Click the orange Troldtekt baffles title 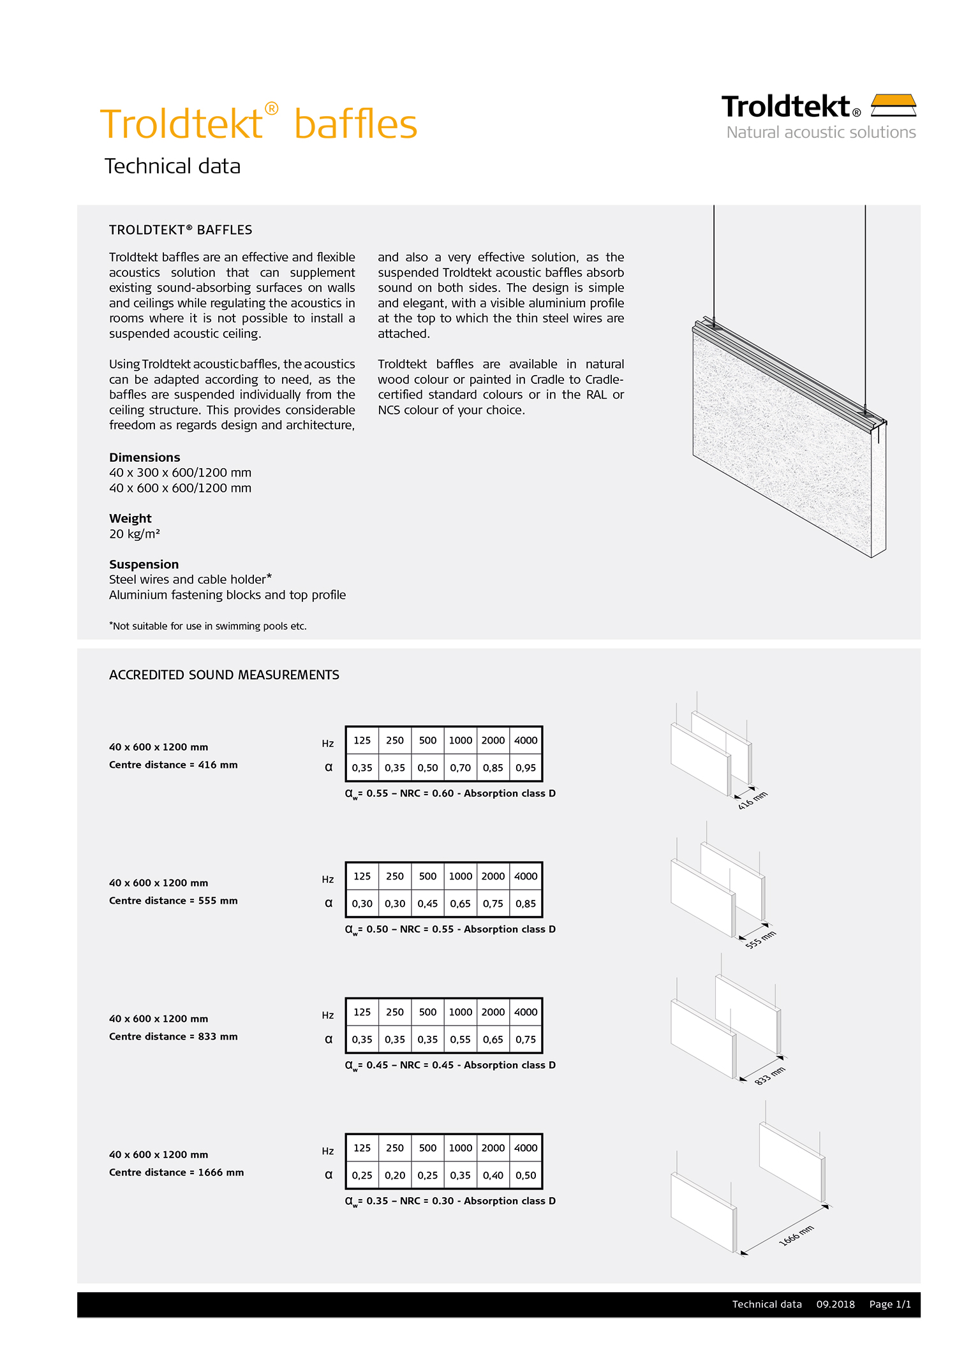click(x=258, y=124)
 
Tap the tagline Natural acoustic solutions click(x=820, y=133)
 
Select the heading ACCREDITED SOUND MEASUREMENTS click(x=224, y=675)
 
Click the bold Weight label click(x=130, y=519)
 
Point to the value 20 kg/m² click(x=135, y=534)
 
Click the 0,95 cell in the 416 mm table click(x=526, y=768)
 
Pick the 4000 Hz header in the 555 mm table click(x=526, y=876)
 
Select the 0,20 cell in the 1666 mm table click(x=395, y=1175)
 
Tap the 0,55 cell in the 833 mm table click(x=460, y=1040)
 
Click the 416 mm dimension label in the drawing click(x=753, y=800)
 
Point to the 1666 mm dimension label click(x=796, y=1235)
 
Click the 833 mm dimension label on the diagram click(x=769, y=1076)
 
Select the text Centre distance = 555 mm click(x=173, y=901)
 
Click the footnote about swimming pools click(x=208, y=626)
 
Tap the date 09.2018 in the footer click(x=835, y=1304)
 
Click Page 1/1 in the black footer click(x=890, y=1304)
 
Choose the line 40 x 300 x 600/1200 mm click(x=180, y=473)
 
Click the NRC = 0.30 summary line click(x=450, y=1201)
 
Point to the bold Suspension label click(x=144, y=564)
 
